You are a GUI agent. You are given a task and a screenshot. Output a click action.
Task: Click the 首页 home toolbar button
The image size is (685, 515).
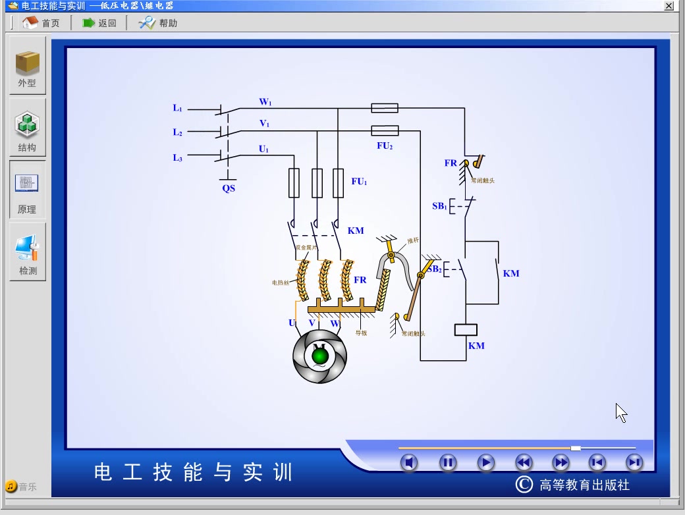[41, 23]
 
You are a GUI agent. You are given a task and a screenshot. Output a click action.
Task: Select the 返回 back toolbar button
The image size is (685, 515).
[99, 23]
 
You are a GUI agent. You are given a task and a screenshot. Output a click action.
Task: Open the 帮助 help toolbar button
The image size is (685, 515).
[158, 23]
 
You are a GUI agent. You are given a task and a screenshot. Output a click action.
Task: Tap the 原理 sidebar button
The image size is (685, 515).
[28, 191]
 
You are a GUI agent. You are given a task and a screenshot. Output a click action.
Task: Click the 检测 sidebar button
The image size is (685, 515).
[28, 254]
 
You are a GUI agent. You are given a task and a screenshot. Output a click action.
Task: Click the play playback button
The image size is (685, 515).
[485, 462]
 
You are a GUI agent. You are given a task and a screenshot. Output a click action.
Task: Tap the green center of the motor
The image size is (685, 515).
[320, 356]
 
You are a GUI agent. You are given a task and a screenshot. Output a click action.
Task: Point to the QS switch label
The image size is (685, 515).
[228, 188]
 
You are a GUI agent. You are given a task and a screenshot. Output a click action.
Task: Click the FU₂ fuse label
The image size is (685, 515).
[385, 146]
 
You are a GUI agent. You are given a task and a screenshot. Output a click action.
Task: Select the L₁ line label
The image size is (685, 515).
[177, 108]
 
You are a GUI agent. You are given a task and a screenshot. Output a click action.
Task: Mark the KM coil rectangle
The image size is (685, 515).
[466, 329]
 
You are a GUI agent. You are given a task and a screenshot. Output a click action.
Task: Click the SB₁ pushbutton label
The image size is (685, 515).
[439, 206]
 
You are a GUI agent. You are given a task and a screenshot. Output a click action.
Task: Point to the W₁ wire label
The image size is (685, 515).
[265, 102]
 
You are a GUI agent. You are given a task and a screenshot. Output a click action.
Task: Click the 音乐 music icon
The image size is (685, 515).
[11, 487]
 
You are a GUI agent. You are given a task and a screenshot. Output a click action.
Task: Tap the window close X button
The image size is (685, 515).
[669, 6]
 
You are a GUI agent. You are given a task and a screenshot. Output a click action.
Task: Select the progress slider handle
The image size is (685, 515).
[576, 448]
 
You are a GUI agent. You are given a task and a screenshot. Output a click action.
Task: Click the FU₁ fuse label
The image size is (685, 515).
[358, 182]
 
